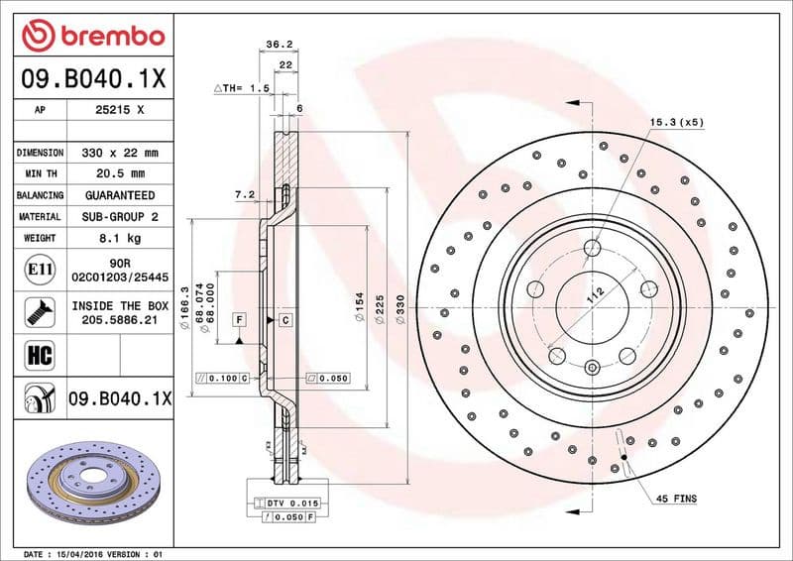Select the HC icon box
(39, 353)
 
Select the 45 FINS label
(677, 499)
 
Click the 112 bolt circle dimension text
(596, 293)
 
